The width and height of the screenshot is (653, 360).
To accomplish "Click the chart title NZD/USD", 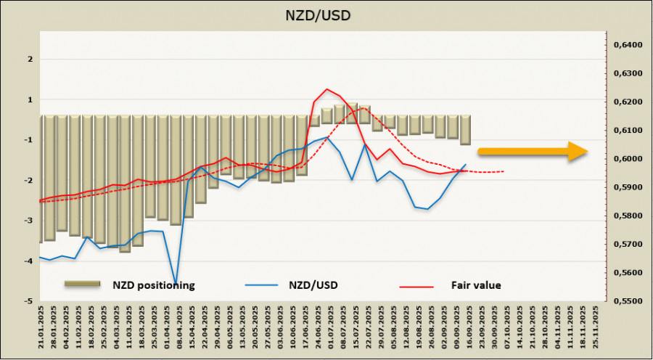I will pos(326,14).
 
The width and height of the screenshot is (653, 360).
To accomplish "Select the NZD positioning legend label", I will pos(153,285).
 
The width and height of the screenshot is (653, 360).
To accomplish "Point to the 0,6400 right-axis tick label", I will pos(628,45).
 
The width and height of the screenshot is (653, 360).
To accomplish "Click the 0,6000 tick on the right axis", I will pos(628,159).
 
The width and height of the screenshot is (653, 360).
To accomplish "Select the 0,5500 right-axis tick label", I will pos(628,300).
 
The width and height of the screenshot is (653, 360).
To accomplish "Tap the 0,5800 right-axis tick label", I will pos(628,216).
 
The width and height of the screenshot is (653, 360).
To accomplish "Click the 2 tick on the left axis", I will pos(30,60).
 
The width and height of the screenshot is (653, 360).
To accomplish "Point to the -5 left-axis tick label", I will pos(28,300).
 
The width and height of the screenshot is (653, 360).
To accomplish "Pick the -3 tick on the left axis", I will pos(28,220).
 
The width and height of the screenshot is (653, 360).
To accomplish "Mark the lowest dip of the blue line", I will pos(176,282).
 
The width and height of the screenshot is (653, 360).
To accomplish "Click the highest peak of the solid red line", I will pos(326,89).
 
